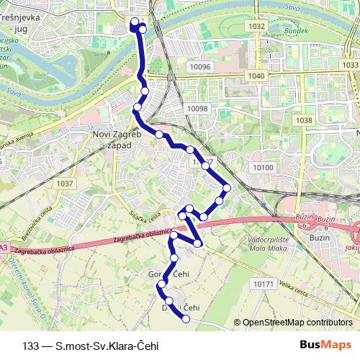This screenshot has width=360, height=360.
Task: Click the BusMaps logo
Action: pyautogui.click(x=331, y=345)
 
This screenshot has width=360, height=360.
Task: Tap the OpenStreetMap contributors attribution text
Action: pyautogui.click(x=297, y=323)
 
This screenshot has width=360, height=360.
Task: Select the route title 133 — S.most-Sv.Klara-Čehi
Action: pyautogui.click(x=91, y=345)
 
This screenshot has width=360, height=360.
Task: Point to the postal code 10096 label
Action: pyautogui.click(x=199, y=67)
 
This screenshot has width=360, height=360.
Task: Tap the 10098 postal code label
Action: pyautogui.click(x=197, y=109)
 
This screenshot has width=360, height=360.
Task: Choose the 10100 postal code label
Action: pyautogui.click(x=264, y=168)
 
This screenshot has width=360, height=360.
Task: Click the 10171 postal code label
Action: pyautogui.click(x=264, y=284)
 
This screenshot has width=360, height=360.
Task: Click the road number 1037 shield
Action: pyautogui.click(x=64, y=184)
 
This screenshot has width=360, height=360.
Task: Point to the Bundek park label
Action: pyautogui.click(x=296, y=32)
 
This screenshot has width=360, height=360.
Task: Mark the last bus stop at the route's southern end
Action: pyautogui.click(x=186, y=318)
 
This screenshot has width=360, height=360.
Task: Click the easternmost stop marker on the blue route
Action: pyautogui.click(x=227, y=188)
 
